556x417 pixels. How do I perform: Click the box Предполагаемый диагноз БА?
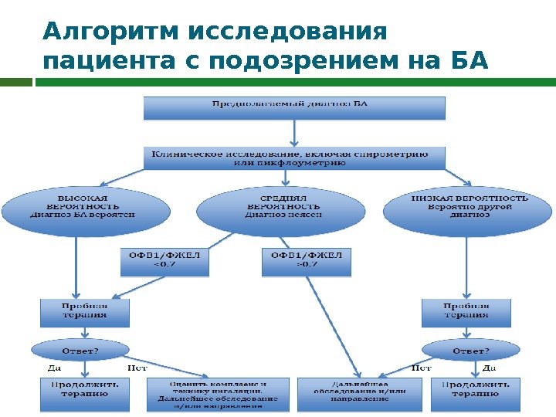coord(294,107)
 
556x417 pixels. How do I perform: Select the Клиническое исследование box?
coord(294,158)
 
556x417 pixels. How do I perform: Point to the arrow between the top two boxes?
coord(294,133)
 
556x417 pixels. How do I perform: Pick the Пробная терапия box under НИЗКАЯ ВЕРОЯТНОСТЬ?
coord(467,312)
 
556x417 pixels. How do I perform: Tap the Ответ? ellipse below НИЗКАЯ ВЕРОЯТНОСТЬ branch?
coord(470,350)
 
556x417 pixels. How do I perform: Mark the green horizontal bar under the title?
coord(293,81)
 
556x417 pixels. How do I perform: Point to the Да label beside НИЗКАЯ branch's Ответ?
coord(489,368)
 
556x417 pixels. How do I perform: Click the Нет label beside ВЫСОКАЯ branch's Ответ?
coord(137,368)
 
